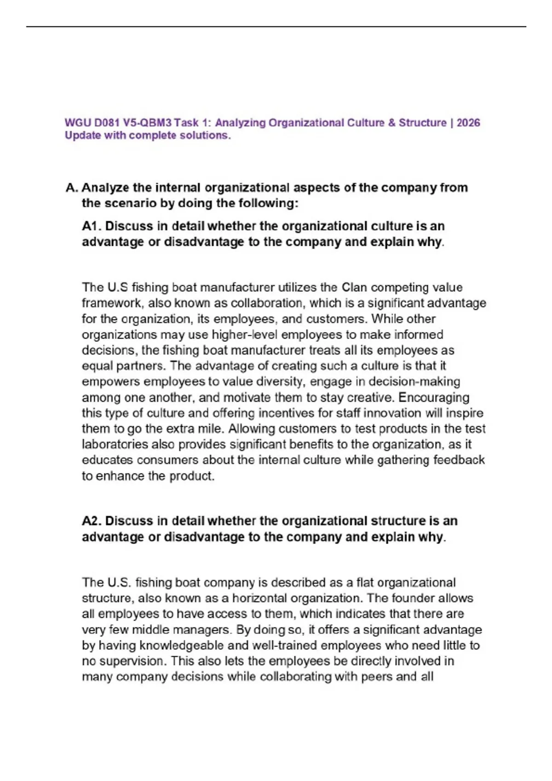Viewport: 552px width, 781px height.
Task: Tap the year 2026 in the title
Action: pos(468,123)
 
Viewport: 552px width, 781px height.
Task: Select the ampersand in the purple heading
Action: pos(391,123)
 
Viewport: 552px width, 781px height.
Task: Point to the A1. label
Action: pos(92,226)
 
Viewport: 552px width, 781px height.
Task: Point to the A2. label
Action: pos(92,521)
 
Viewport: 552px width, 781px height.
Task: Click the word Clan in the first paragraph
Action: pos(354,288)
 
